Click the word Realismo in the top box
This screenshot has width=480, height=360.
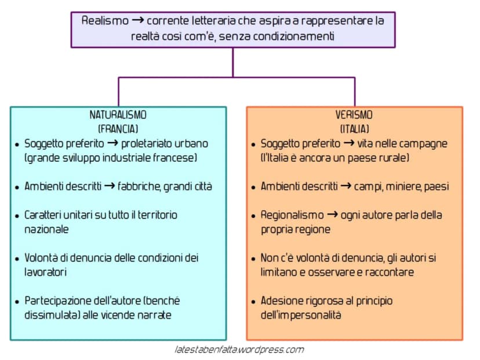click(105, 21)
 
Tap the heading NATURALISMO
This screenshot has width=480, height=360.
click(118, 115)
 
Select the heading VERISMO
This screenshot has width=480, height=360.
click(354, 115)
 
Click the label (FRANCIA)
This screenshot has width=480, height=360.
click(118, 129)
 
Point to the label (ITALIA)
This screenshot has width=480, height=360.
click(354, 129)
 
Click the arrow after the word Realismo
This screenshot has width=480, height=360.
click(137, 20)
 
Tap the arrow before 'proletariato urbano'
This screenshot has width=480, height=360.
click(112, 143)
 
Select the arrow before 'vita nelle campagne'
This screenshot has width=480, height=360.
click(349, 143)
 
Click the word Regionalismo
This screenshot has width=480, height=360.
click(292, 215)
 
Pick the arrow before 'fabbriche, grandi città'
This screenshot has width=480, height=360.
click(110, 186)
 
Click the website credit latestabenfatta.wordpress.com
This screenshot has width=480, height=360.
click(239, 350)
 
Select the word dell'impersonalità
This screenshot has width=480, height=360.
click(301, 315)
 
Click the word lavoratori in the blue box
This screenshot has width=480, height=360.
click(45, 272)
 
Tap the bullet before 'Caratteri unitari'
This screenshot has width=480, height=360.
click(17, 216)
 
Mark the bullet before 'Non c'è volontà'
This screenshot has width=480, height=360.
click(253, 259)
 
